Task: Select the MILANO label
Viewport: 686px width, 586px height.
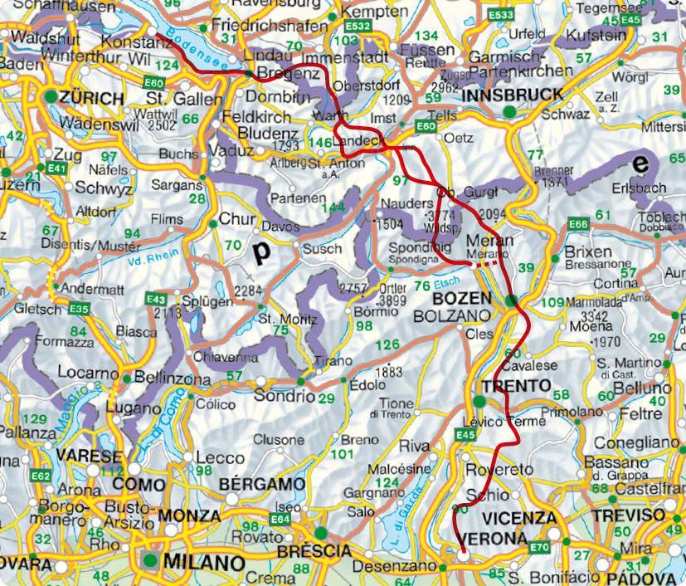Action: (x=204, y=562)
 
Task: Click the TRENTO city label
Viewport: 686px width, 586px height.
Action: (x=516, y=386)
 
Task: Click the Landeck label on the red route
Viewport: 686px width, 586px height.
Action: (x=358, y=143)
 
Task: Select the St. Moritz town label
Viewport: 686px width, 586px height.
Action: (x=287, y=319)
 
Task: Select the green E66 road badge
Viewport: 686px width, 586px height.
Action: (x=578, y=225)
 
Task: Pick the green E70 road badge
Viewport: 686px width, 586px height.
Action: (x=540, y=547)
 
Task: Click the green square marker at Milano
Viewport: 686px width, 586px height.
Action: (x=150, y=561)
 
